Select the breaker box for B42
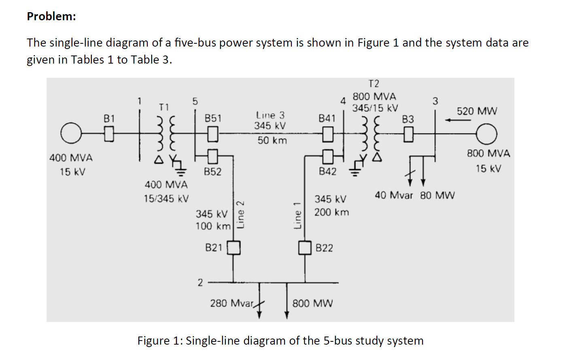point(328,155)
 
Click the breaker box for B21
point(234,247)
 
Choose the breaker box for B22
point(305,247)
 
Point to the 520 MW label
point(477,111)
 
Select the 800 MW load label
point(312,303)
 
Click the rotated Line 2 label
point(240,214)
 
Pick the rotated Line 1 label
point(297,215)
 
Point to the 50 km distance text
point(272,141)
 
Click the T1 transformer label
point(164,107)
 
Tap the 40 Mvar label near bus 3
point(393,195)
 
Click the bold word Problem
point(51,16)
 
